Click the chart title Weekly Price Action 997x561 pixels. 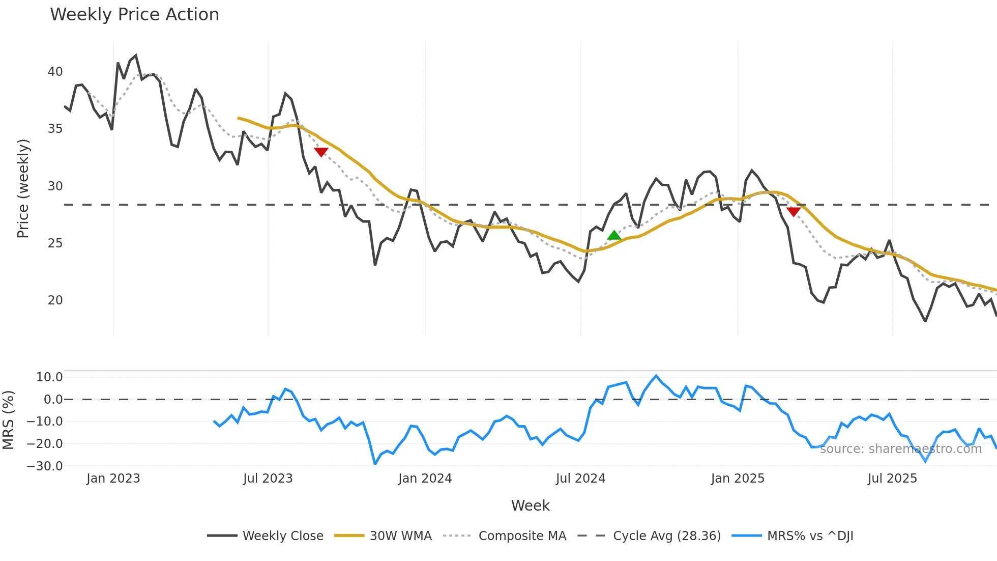pyautogui.click(x=134, y=15)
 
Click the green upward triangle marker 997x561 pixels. pyautogui.click(x=614, y=235)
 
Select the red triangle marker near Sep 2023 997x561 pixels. pyautogui.click(x=321, y=152)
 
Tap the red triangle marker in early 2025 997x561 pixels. pyautogui.click(x=793, y=211)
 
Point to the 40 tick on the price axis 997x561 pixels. pyautogui.click(x=55, y=72)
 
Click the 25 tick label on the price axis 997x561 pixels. pyautogui.click(x=55, y=243)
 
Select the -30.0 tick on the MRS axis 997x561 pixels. pyautogui.click(x=45, y=466)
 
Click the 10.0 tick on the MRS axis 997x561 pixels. pyautogui.click(x=49, y=377)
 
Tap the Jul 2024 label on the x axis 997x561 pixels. pyautogui.click(x=580, y=479)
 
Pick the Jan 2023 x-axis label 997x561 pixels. pyautogui.click(x=113, y=479)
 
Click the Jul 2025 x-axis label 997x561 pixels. pyautogui.click(x=892, y=479)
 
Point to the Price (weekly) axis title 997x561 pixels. pyautogui.click(x=23, y=188)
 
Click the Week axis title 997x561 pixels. pyautogui.click(x=530, y=506)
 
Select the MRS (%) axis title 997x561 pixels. pyautogui.click(x=9, y=420)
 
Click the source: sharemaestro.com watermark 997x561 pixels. pyautogui.click(x=900, y=449)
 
